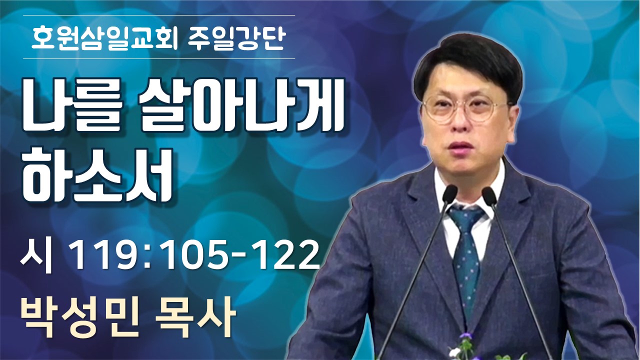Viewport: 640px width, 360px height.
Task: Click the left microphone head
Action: pos(449,194)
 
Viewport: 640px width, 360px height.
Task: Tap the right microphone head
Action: pos(489,195)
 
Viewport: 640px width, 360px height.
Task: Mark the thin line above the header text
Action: pos(159,15)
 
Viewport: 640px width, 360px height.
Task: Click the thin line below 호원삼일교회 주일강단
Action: pos(159,58)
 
